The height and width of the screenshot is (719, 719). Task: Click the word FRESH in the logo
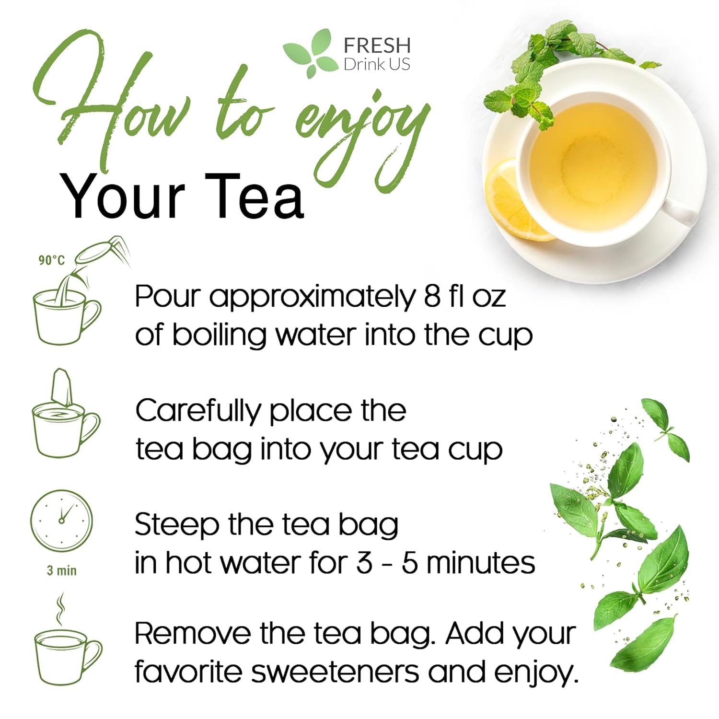tap(377, 45)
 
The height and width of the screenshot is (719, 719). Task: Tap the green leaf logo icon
tap(311, 53)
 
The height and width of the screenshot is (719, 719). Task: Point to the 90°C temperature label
tap(52, 260)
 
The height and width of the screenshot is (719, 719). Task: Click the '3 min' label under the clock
tap(61, 570)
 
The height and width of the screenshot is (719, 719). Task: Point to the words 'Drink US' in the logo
tap(377, 64)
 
